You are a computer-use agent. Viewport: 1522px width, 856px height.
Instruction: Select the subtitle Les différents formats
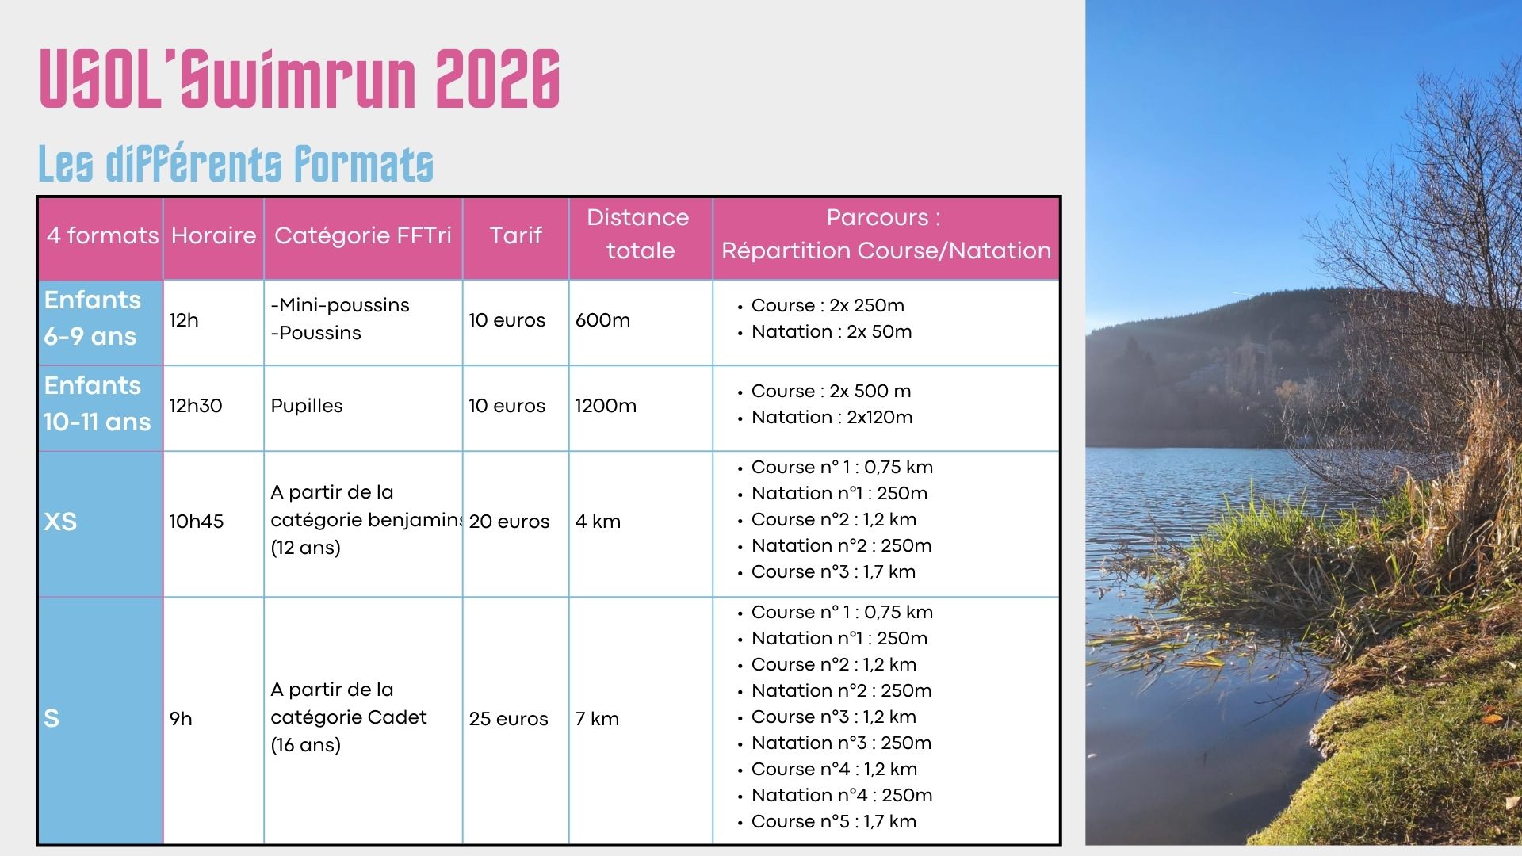[x=235, y=163]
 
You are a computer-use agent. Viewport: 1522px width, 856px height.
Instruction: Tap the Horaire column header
[x=213, y=235]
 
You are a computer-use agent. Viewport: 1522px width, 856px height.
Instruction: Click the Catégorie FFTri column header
[x=363, y=235]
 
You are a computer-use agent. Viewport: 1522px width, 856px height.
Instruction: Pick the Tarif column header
[x=516, y=235]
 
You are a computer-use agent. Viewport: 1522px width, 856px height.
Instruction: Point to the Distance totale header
[x=640, y=234]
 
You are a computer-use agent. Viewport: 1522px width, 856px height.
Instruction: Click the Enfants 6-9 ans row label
[x=92, y=318]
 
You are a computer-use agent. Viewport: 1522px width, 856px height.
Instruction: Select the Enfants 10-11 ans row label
[x=97, y=403]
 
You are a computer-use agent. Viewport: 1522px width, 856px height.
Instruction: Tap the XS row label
[x=60, y=522]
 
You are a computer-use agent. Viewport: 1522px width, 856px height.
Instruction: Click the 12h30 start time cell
[x=195, y=406]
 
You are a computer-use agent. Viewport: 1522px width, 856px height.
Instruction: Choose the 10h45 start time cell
[x=196, y=522]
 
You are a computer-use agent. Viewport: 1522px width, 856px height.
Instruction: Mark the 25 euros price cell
[x=508, y=719]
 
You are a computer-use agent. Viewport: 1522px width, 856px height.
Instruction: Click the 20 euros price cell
[x=509, y=522]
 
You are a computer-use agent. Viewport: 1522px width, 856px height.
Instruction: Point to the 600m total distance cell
[x=602, y=320]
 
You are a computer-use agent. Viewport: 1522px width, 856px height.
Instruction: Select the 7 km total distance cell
[x=597, y=719]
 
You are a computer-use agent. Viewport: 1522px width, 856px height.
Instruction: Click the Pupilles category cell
[x=307, y=406]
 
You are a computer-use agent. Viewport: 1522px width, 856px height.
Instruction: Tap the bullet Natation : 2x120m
[x=832, y=417]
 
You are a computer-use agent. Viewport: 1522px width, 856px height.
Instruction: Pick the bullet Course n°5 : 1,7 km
[x=833, y=821]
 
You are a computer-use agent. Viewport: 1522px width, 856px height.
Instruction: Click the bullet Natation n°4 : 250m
[x=842, y=795]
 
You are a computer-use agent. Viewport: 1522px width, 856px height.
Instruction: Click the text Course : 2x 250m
[x=828, y=305]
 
